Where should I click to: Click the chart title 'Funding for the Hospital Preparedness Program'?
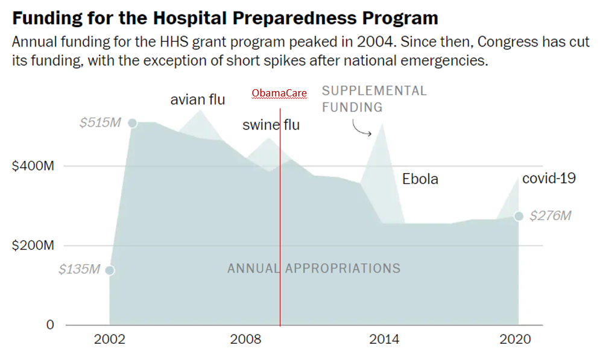[x=224, y=17]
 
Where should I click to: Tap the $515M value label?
[x=100, y=122]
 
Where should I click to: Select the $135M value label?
[x=79, y=270]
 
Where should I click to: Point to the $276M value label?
[x=550, y=216]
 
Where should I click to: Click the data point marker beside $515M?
[x=133, y=123]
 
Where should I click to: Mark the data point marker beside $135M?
[x=110, y=270]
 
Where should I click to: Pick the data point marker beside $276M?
[x=519, y=216]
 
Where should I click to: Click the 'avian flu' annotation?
[x=198, y=99]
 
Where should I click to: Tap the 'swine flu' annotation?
[x=271, y=125]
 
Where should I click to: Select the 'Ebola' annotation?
[x=420, y=179]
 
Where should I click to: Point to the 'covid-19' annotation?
[x=549, y=178]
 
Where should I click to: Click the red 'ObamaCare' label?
[x=279, y=93]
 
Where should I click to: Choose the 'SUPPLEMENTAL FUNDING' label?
[x=374, y=99]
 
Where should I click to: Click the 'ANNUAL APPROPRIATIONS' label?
[x=314, y=268]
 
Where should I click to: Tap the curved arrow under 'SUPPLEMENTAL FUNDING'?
[x=362, y=128]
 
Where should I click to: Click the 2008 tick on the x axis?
[x=245, y=339]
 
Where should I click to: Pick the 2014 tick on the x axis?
[x=384, y=339]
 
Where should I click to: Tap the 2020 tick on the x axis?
[x=516, y=339]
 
